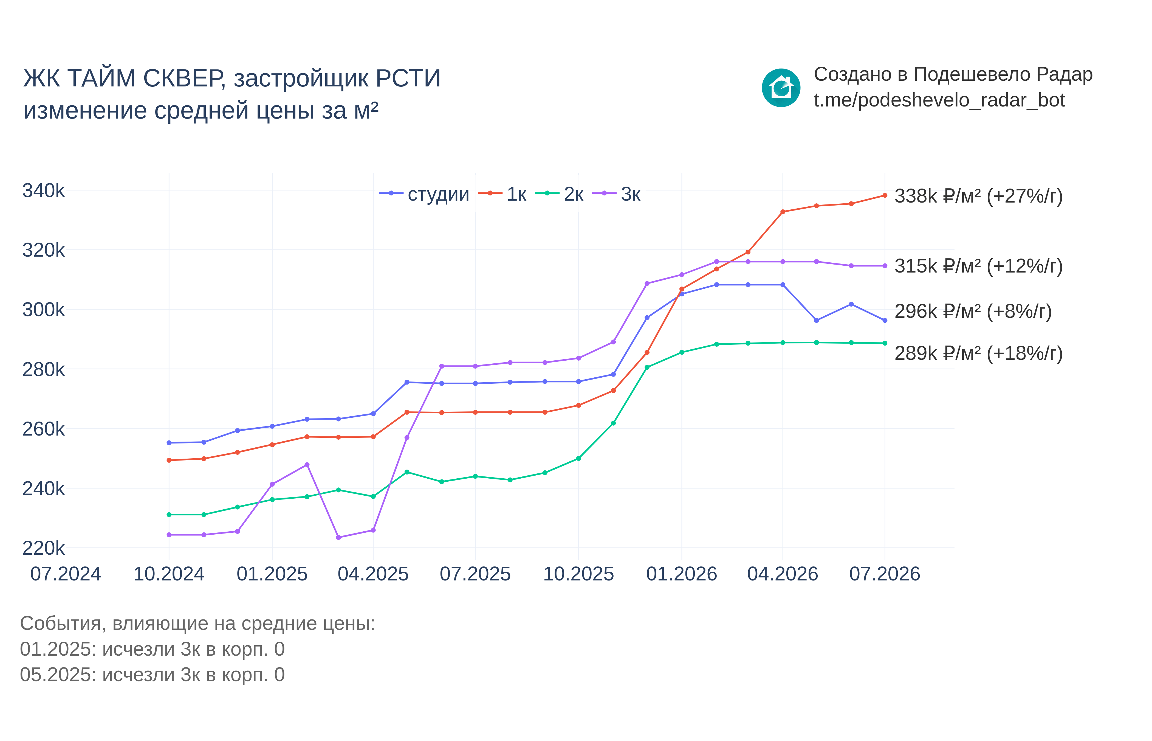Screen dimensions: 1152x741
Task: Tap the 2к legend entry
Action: [559, 194]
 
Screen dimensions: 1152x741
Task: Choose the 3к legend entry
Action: [616, 194]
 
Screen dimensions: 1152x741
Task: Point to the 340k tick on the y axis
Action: [43, 190]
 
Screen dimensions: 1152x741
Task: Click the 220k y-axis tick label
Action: [43, 548]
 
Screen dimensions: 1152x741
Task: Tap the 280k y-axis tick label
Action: [43, 369]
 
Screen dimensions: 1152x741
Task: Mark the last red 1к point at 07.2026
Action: [885, 195]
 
